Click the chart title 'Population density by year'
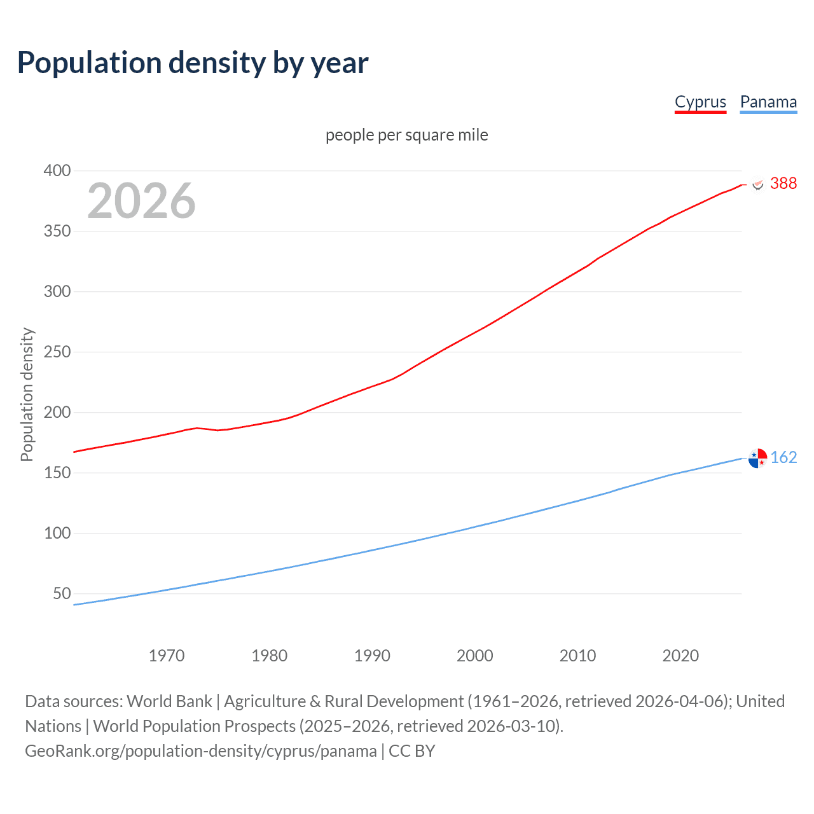pyautogui.click(x=193, y=63)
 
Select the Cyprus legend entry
pyautogui.click(x=700, y=102)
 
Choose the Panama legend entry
pyautogui.click(x=768, y=102)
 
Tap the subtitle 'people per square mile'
pyautogui.click(x=406, y=135)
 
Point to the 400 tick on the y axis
pyautogui.click(x=57, y=170)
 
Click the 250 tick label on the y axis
pyautogui.click(x=57, y=352)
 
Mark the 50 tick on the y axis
pyautogui.click(x=62, y=593)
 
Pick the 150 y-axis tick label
pyautogui.click(x=57, y=473)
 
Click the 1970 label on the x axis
pyautogui.click(x=167, y=656)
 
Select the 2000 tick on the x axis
pyautogui.click(x=475, y=656)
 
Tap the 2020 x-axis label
pyautogui.click(x=680, y=656)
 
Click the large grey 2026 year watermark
pyautogui.click(x=141, y=201)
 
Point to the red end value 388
pyautogui.click(x=783, y=183)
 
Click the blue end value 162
pyautogui.click(x=783, y=457)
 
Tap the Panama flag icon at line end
pyautogui.click(x=757, y=458)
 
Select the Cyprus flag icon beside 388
pyautogui.click(x=757, y=184)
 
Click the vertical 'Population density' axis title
pyautogui.click(x=27, y=394)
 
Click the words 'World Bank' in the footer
pyautogui.click(x=169, y=701)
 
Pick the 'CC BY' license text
pyautogui.click(x=412, y=751)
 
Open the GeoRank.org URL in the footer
pyautogui.click(x=200, y=751)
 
